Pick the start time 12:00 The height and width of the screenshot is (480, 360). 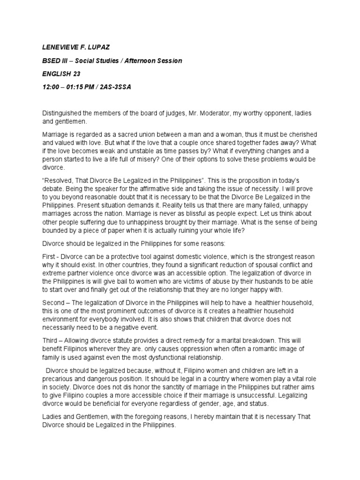[x=52, y=87]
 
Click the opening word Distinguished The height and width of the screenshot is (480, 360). [x=64, y=114]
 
